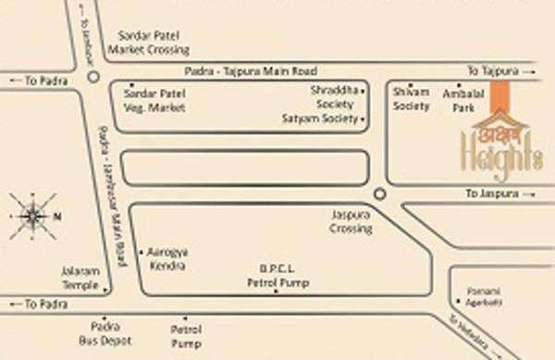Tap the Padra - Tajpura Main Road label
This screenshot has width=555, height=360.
tap(253, 71)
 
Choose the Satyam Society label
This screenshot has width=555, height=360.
tap(320, 118)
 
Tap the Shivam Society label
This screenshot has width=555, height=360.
tap(412, 100)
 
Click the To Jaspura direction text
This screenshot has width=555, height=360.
tap(495, 193)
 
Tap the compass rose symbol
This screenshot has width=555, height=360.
tap(33, 217)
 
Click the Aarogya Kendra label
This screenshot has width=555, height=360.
tap(166, 258)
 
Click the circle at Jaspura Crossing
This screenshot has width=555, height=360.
tap(379, 192)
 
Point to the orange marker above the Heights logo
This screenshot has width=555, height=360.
tap(499, 96)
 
